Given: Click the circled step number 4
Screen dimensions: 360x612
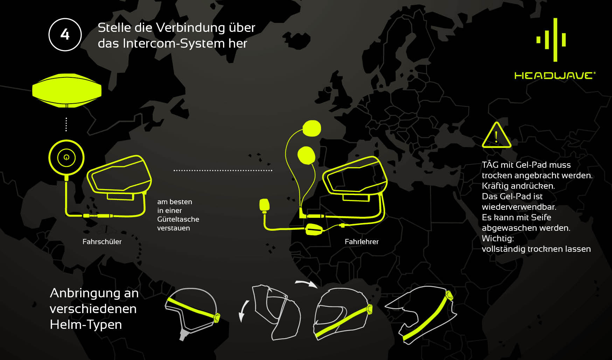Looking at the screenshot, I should (65, 35).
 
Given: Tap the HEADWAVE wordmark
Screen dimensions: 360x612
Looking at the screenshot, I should (554, 75).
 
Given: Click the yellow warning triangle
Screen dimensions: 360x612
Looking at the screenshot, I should (496, 136).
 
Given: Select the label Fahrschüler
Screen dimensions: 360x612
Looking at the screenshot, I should (102, 242).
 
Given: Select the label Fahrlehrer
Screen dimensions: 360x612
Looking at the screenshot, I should (361, 242).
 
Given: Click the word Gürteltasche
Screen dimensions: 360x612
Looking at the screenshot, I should (178, 219).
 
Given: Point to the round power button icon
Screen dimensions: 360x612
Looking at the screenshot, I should (67, 157).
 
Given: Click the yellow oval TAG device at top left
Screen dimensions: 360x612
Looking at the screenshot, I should (67, 90).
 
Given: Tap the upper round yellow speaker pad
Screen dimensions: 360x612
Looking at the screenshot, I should (312, 129).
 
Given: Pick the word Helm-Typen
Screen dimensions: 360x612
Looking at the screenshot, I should (86, 325).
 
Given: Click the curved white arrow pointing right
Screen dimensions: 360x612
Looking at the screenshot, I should (306, 283).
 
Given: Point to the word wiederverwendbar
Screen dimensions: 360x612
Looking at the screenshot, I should (519, 207).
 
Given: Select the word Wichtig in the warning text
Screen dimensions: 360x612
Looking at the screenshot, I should (497, 238).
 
